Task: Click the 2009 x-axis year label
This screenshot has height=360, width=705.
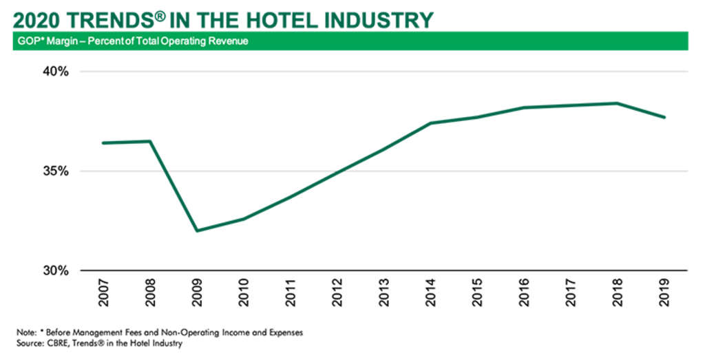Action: (197, 291)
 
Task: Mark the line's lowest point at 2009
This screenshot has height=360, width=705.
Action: (197, 231)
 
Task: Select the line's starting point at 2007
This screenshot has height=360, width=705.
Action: (103, 142)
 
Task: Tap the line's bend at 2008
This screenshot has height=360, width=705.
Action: (150, 141)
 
